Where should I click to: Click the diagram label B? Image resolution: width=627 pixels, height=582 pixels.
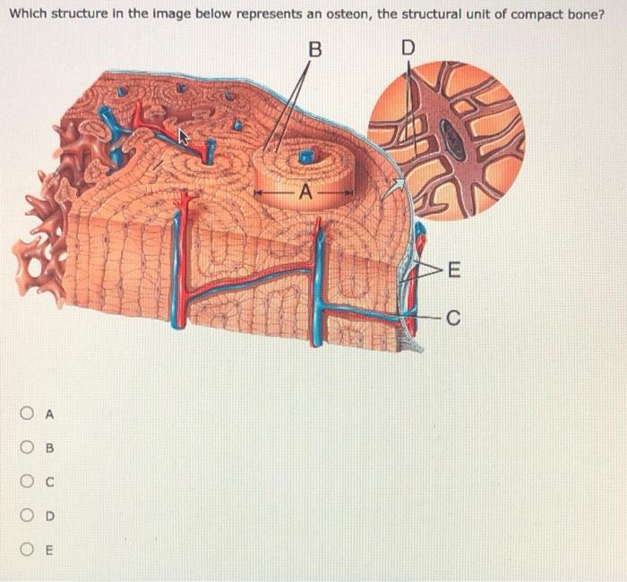pyautogui.click(x=313, y=48)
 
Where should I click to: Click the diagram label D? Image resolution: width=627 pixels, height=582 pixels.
pyautogui.click(x=408, y=48)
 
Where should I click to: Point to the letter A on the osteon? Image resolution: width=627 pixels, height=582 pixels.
pyautogui.click(x=305, y=191)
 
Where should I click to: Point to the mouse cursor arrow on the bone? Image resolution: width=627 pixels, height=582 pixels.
pyautogui.click(x=185, y=137)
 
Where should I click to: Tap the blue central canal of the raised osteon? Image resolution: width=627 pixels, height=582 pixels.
pyautogui.click(x=306, y=157)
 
